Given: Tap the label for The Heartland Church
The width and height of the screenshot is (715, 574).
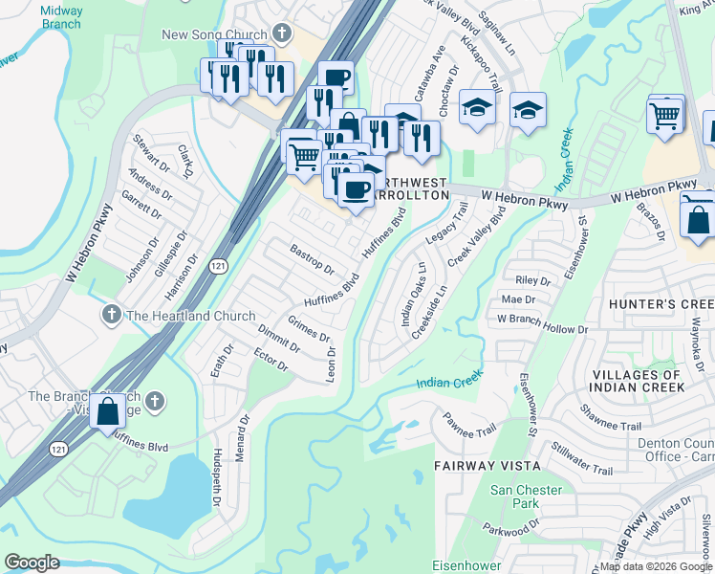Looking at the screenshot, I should coord(191,316).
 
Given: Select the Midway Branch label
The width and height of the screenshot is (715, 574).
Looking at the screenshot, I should coord(61,17).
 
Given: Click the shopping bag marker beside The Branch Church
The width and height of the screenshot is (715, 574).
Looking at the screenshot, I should coord(108,410).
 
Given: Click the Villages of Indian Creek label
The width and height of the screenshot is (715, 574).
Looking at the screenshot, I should coord(638,381).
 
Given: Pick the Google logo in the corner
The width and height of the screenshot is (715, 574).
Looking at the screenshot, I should coord(32,563).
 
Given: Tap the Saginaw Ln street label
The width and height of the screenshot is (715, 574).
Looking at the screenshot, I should coord(498,39).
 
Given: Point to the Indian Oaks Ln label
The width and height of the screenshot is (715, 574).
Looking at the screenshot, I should coord(413,294).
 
